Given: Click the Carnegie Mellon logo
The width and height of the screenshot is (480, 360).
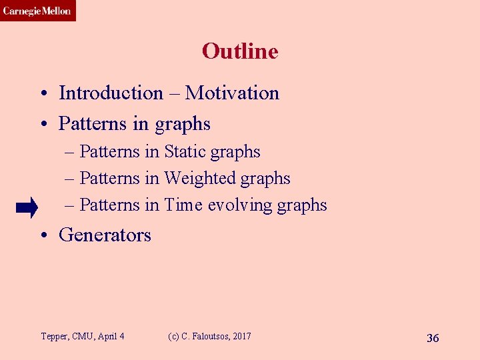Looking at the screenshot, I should point(37,11).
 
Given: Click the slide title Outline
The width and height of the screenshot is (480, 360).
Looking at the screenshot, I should point(239,51).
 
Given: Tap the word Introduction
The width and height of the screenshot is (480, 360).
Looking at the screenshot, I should point(111,93).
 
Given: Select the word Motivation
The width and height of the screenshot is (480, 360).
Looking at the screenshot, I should point(232,93).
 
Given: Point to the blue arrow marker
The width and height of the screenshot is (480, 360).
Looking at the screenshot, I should point(27,209).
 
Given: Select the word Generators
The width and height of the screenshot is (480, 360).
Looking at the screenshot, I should point(105,235).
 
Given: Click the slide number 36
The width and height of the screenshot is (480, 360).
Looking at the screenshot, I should point(433,338).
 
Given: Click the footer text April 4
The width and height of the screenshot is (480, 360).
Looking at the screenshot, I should point(111,336).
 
